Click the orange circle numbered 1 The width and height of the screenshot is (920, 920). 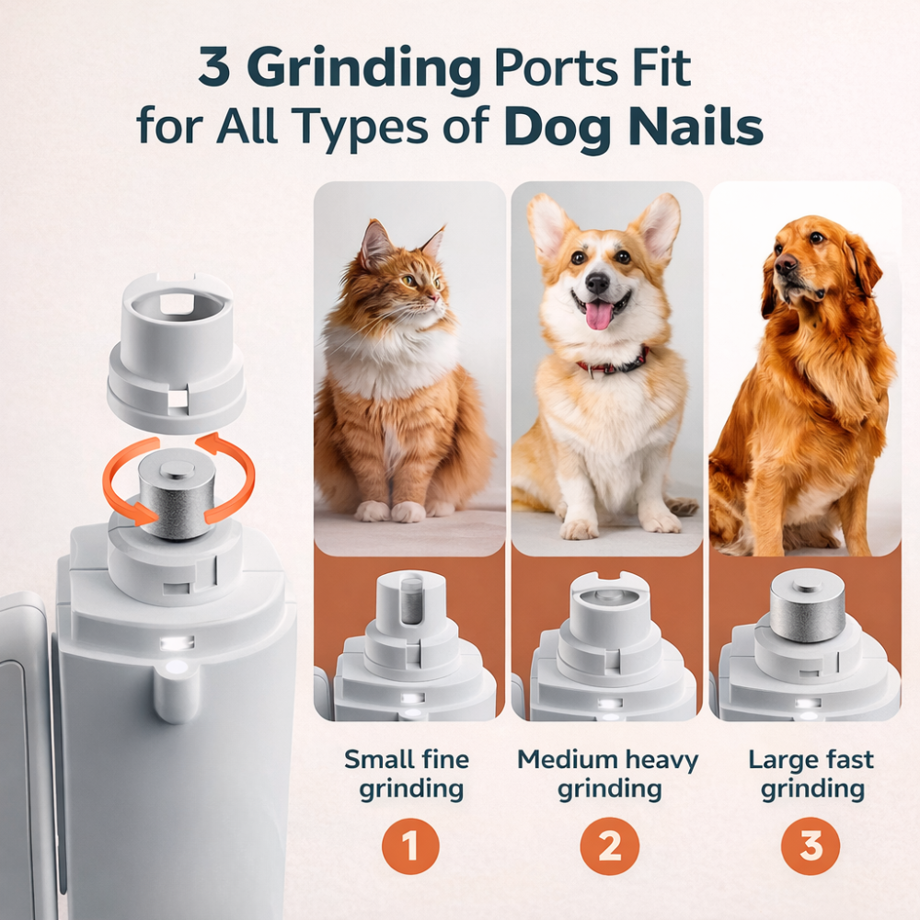tap(409, 845)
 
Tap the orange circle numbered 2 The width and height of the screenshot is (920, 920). tap(610, 845)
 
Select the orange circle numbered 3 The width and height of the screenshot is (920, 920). tap(811, 845)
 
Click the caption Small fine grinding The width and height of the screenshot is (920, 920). tap(407, 774)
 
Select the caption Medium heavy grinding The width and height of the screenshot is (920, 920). tap(608, 774)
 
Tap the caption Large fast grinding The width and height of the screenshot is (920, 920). tap(811, 774)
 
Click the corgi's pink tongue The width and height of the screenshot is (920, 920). tap(599, 316)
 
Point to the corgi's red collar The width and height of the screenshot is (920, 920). tap(612, 364)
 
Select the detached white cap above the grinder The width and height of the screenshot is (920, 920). tap(177, 350)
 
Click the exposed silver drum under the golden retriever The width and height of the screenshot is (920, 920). tap(807, 605)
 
